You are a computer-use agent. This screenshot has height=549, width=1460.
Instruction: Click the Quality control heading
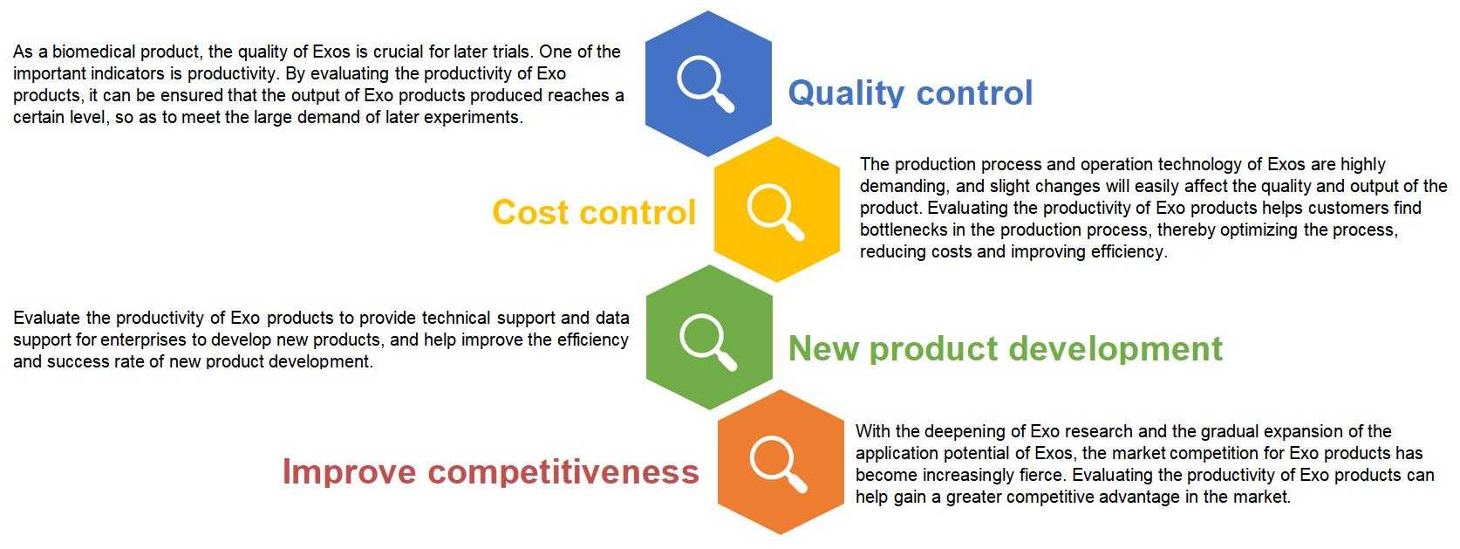[910, 93]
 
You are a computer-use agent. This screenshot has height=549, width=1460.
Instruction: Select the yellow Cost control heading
[594, 212]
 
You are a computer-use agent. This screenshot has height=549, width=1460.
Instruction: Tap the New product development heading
[1005, 348]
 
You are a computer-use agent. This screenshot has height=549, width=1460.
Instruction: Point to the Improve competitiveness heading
[490, 470]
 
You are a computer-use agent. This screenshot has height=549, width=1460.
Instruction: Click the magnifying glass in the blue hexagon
[705, 84]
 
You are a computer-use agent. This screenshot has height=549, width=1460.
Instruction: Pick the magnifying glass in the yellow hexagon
[775, 213]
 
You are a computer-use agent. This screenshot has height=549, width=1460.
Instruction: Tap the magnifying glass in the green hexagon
[707, 341]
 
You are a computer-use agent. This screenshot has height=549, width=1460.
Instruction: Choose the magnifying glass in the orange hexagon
[778, 464]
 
